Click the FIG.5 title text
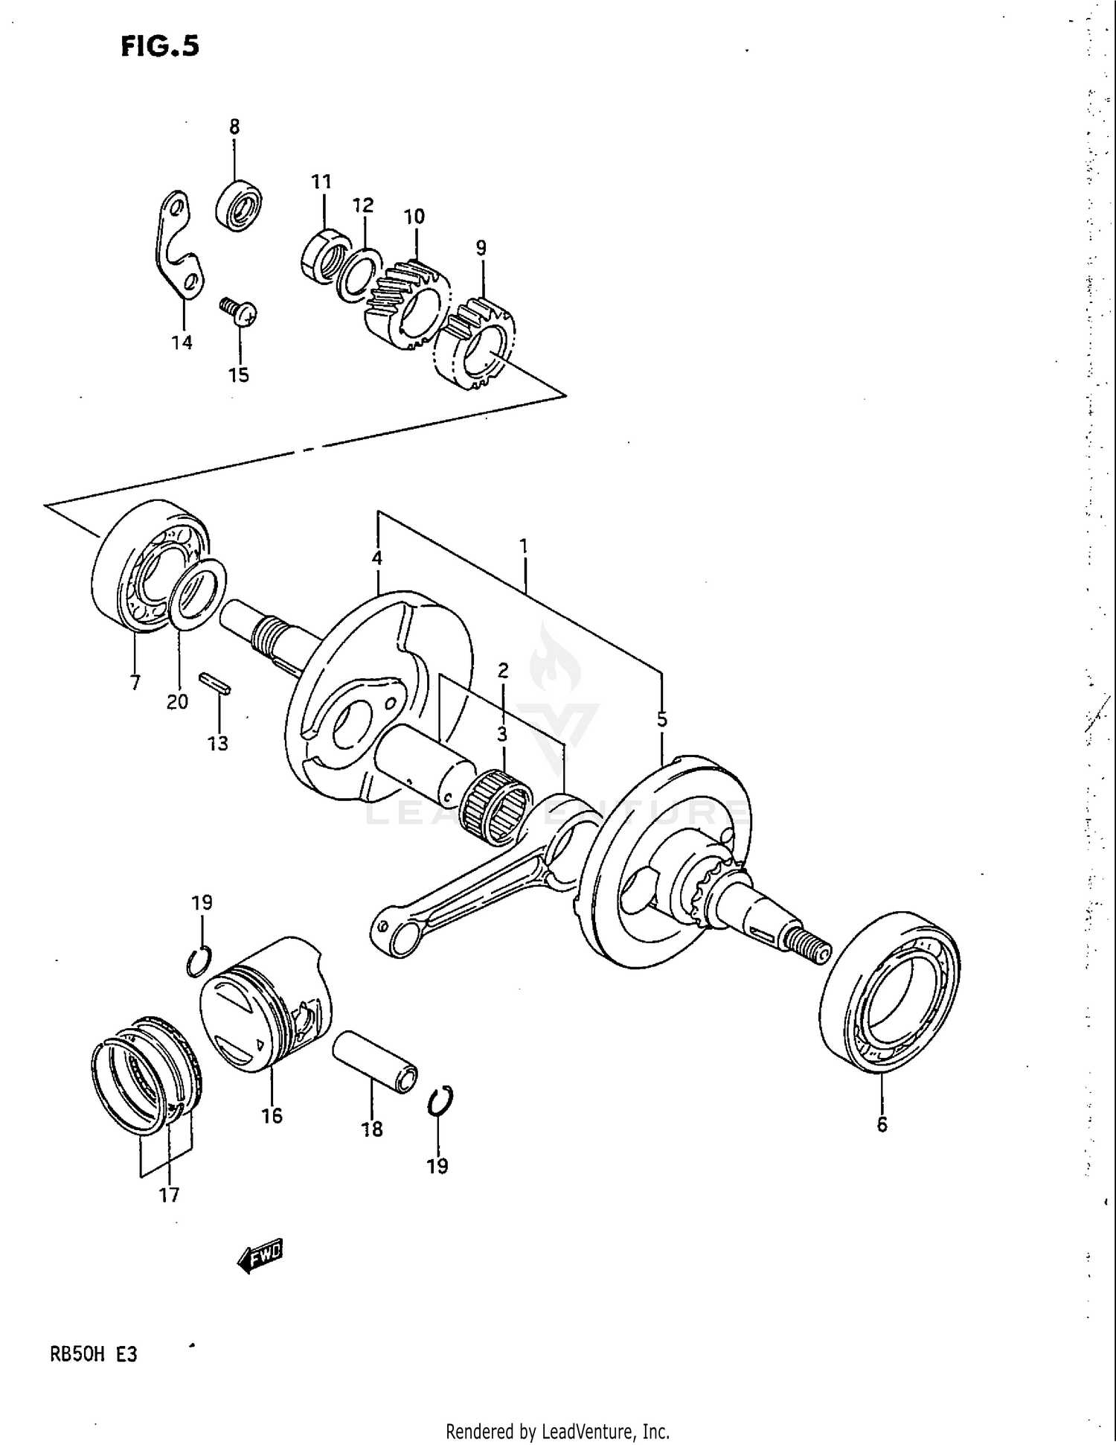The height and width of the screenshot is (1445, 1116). (159, 46)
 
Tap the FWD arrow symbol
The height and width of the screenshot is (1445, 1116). (260, 1258)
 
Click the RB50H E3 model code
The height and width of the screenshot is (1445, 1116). (93, 1354)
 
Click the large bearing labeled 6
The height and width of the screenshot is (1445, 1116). (890, 992)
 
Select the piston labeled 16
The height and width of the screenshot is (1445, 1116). (266, 1005)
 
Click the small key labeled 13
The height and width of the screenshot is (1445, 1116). (215, 683)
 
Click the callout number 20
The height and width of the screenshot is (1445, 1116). (177, 701)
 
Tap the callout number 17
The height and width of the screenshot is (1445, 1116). (169, 1195)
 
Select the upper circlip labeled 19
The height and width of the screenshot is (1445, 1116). (199, 963)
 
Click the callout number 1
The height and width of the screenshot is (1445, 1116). (524, 546)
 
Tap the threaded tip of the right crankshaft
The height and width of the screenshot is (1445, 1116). (812, 948)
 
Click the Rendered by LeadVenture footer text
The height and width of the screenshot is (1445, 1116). (557, 1431)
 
